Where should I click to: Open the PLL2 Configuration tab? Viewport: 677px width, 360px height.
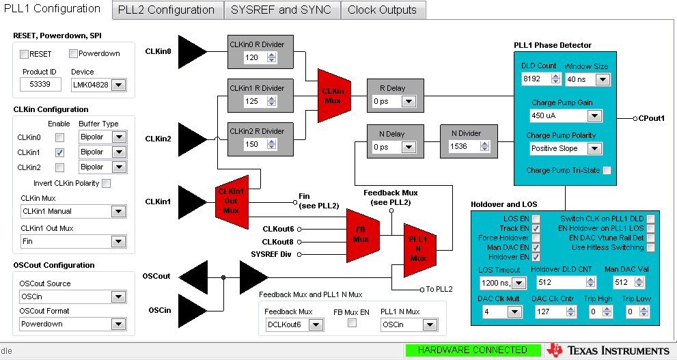pos(166,10)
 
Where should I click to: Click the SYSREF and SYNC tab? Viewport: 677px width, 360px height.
pos(281,10)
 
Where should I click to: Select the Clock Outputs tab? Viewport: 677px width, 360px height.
pos(382,10)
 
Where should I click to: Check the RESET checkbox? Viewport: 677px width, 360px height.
pos(25,54)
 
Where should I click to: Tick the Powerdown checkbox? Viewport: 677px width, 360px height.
pos(74,54)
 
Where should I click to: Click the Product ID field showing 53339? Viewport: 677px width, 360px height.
pos(40,85)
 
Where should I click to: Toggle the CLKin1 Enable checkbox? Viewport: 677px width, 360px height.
pos(59,152)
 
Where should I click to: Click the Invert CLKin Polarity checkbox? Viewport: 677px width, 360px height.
pos(106,183)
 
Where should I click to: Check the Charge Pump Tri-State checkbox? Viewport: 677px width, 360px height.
pos(607,170)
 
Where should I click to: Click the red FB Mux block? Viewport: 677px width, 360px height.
pos(361,234)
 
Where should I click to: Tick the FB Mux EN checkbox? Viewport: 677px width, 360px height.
pos(353,323)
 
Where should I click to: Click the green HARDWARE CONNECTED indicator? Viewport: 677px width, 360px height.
pos(472,350)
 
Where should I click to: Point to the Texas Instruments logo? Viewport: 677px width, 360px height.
pos(607,350)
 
